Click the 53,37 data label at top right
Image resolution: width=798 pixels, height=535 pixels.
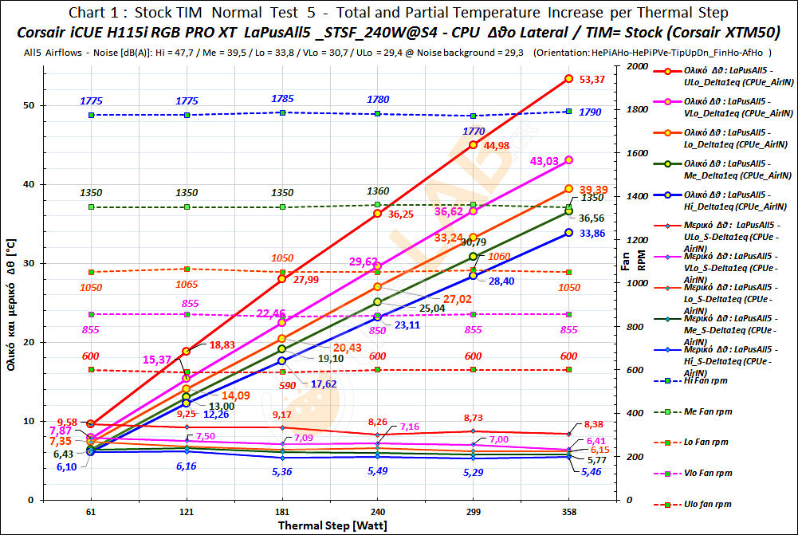point(592,79)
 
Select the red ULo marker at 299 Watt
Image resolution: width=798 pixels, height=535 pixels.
point(474,145)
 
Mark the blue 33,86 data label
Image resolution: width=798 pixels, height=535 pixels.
point(592,234)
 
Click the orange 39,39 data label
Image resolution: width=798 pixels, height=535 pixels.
point(592,189)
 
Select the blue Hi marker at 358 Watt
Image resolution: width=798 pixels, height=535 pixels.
point(568,232)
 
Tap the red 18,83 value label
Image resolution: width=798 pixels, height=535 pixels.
point(224,344)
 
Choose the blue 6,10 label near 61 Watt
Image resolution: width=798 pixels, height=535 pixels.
point(66,467)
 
